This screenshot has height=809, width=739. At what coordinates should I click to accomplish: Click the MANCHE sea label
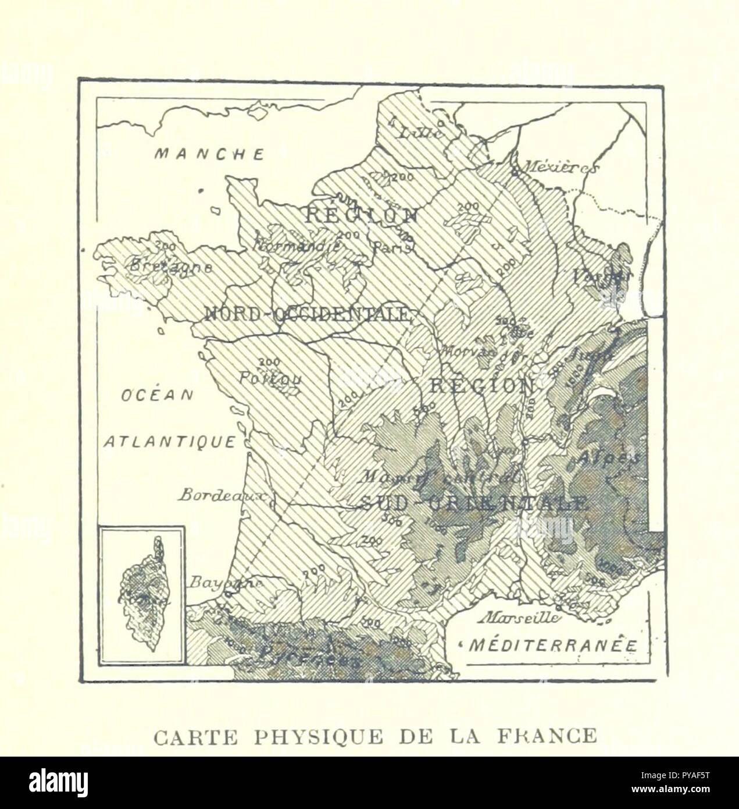coord(210,154)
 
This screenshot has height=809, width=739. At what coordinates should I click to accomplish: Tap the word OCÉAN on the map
coord(157,395)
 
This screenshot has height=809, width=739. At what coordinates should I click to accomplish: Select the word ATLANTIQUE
coord(170,442)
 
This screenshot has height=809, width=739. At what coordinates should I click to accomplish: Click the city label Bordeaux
coord(222,496)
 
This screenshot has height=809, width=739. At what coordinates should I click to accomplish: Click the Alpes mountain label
coord(607,458)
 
